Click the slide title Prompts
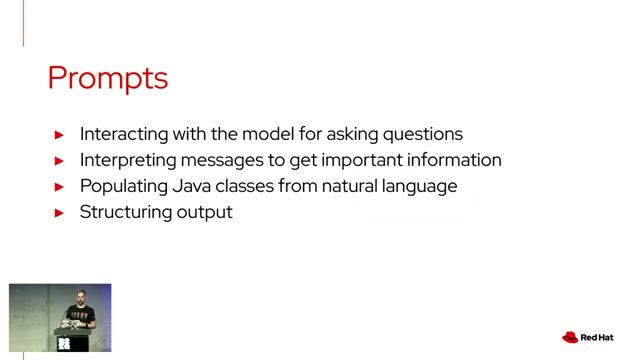pyautogui.click(x=107, y=78)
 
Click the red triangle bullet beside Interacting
pyautogui.click(x=59, y=134)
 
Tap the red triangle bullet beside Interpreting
pyautogui.click(x=59, y=160)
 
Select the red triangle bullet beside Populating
pyautogui.click(x=59, y=186)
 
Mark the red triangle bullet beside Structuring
pyautogui.click(x=59, y=212)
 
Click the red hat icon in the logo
pyautogui.click(x=571, y=337)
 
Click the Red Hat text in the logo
pyautogui.click(x=600, y=338)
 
